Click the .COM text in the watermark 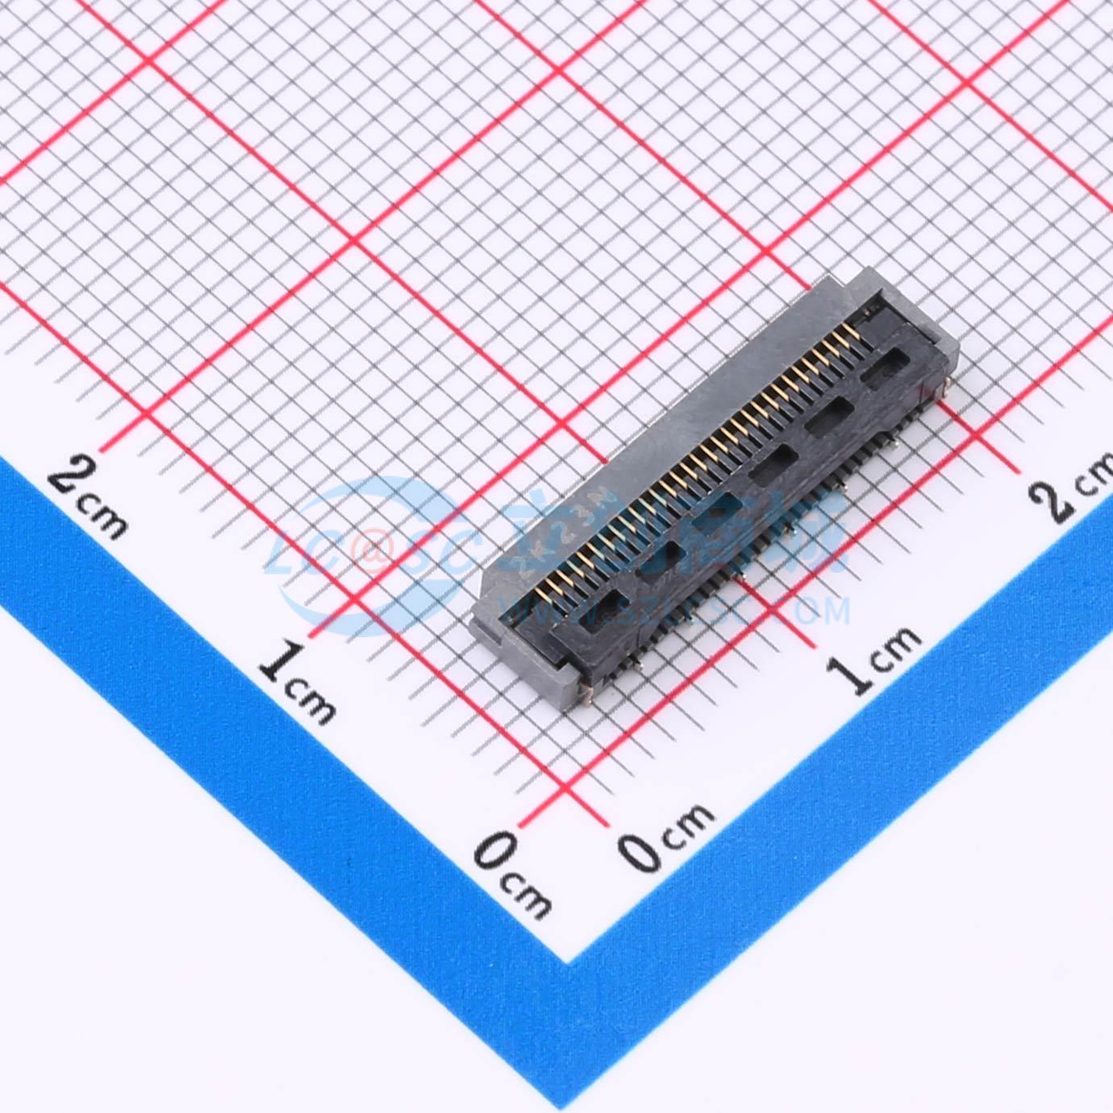pos(815,611)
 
